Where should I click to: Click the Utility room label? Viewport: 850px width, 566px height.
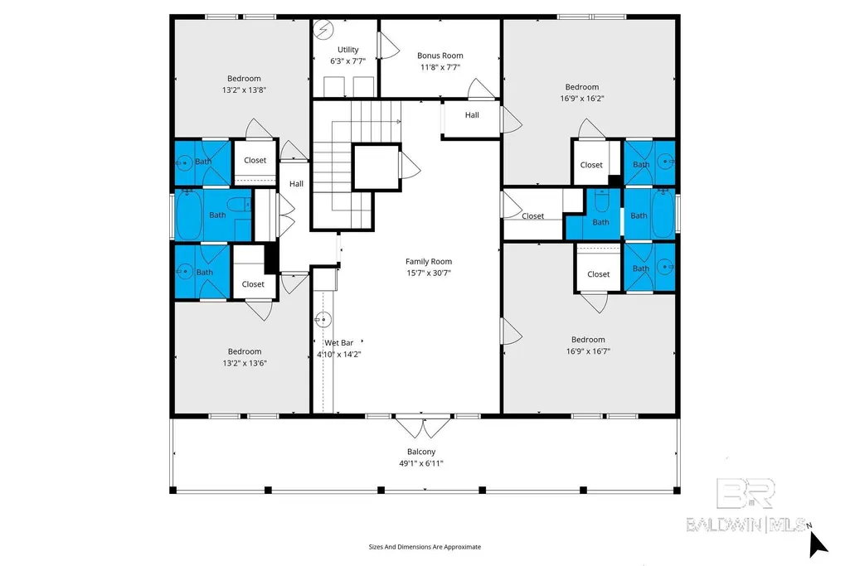[x=348, y=49]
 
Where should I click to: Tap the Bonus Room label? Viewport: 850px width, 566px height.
[x=440, y=56]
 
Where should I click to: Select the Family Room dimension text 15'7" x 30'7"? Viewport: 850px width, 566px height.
[x=429, y=273]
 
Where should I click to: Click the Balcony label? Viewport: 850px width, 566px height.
[x=421, y=452]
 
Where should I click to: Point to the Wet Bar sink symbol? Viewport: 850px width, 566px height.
[x=323, y=320]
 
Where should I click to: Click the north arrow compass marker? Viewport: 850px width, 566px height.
[x=818, y=543]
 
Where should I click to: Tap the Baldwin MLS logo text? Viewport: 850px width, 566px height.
[x=746, y=525]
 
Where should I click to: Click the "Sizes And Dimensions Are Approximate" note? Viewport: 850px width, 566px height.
[x=425, y=547]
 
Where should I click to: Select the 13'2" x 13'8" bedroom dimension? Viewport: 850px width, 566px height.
[x=244, y=89]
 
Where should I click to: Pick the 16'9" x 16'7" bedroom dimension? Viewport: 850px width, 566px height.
[x=588, y=351]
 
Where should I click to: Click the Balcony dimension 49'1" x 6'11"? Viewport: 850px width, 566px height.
[x=421, y=463]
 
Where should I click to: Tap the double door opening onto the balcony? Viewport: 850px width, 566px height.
[x=422, y=426]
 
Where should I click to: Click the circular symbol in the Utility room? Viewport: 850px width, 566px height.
[x=323, y=30]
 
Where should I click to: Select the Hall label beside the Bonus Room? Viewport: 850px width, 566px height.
[x=472, y=115]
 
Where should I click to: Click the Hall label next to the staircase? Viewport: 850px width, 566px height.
[x=296, y=184]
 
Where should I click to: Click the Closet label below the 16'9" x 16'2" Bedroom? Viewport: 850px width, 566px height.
[x=591, y=165]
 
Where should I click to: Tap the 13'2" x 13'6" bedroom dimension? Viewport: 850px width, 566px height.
[x=245, y=363]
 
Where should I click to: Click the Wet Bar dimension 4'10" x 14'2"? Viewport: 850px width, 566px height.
[x=339, y=354]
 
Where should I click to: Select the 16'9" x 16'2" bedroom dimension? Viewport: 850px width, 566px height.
[x=582, y=99]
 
